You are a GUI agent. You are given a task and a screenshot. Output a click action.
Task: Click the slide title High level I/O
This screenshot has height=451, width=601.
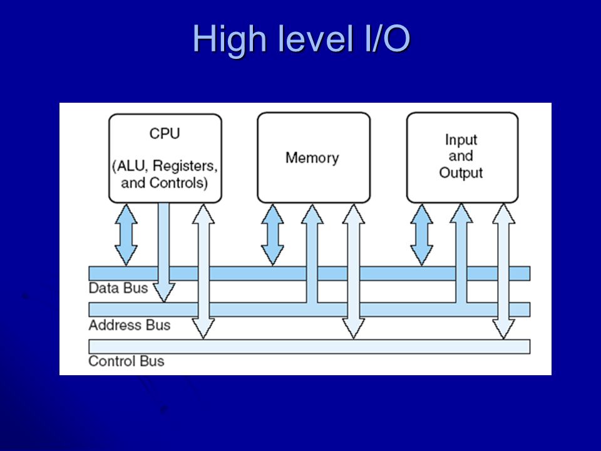pos(301,39)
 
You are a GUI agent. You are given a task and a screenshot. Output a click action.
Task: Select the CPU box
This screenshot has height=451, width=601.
pos(165,158)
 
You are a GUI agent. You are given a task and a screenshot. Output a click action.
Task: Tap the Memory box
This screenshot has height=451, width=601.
pos(314,157)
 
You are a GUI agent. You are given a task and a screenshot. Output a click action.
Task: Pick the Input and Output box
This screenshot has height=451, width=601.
pos(462,157)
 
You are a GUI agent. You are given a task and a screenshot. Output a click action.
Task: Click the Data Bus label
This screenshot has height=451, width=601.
pos(118,288)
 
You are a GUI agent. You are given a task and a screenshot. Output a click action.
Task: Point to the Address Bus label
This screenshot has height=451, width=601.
pos(130,325)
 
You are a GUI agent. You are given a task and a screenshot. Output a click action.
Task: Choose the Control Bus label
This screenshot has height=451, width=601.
pos(126,361)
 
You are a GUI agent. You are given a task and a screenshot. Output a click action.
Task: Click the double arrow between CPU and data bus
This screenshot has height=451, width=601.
pos(126,235)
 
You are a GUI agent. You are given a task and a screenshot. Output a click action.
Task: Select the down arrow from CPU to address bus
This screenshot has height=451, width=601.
pos(163,252)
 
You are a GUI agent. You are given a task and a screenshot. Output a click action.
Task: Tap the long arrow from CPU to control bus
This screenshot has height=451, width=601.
pos(203,271)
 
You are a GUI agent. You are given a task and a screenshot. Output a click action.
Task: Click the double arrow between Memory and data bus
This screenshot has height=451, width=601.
pos(272,235)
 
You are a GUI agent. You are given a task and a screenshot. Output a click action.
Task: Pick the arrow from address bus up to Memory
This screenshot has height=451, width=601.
pos(312,254)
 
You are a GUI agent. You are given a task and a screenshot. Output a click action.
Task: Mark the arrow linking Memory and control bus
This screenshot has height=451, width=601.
pos(353,271)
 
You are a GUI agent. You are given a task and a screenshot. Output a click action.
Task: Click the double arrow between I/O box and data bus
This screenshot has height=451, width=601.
pos(421,235)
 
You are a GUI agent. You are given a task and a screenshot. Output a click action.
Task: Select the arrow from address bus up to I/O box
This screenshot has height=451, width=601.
pos(461,254)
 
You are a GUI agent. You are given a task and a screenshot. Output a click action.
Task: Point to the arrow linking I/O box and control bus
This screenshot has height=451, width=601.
pos(503,271)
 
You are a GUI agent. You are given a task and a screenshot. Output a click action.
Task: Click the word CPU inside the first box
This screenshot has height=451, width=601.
pos(165,133)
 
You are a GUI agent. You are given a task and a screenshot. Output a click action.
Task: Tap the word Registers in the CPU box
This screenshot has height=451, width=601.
pos(185,166)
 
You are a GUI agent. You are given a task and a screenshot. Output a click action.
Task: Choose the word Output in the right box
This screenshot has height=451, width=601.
pos(461,173)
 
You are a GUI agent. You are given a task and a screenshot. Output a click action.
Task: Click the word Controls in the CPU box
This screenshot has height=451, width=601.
pos(178,183)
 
